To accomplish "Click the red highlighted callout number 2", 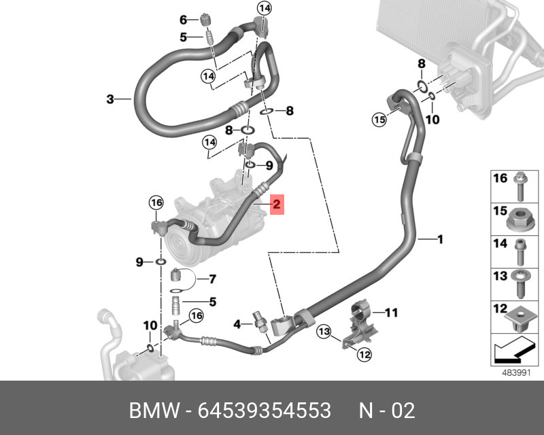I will (276, 203).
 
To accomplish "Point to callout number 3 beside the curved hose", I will (110, 100).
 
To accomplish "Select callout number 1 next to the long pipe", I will (440, 239).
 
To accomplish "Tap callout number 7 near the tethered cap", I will (211, 279).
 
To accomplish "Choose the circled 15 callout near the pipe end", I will (379, 120).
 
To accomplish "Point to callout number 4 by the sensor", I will (237, 325).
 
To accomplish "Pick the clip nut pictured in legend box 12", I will (520, 317).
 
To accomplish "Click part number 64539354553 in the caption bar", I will (264, 411).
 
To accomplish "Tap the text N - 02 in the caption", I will (386, 411).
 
